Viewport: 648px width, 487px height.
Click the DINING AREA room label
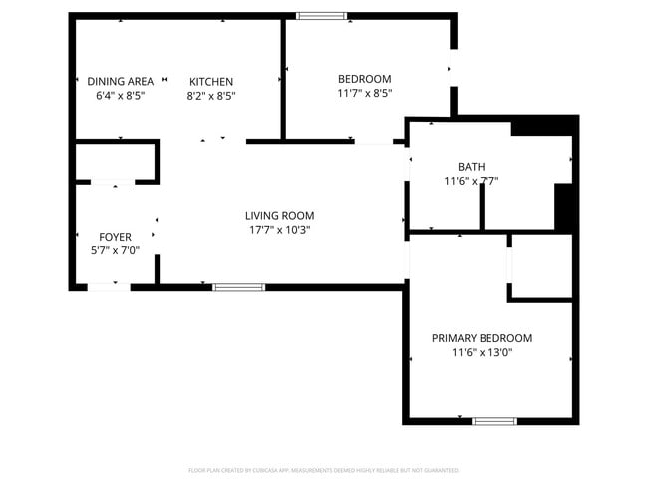pyautogui.click(x=120, y=81)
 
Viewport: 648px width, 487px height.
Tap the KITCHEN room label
pyautogui.click(x=211, y=82)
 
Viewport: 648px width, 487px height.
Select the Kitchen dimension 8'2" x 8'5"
pyautogui.click(x=211, y=96)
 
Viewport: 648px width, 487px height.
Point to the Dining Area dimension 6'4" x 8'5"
pyautogui.click(x=120, y=96)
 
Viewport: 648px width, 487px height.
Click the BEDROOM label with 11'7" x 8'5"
pyautogui.click(x=364, y=79)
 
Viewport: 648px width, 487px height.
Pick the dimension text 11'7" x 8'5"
pyautogui.click(x=364, y=93)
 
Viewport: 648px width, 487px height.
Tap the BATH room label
pyautogui.click(x=471, y=167)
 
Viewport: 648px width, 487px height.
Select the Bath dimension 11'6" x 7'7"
pyautogui.click(x=471, y=182)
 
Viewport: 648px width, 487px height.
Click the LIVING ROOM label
pyautogui.click(x=279, y=215)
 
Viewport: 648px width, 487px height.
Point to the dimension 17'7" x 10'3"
pyautogui.click(x=279, y=230)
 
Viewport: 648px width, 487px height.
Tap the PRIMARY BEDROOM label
pyautogui.click(x=482, y=338)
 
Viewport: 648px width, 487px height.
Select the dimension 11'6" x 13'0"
pyautogui.click(x=482, y=352)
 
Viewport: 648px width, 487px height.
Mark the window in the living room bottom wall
pyautogui.click(x=239, y=287)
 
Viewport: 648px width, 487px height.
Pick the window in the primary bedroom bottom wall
pyautogui.click(x=494, y=420)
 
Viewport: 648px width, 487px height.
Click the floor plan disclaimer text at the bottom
pyautogui.click(x=324, y=470)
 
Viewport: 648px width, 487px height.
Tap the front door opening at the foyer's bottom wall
pyautogui.click(x=108, y=287)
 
